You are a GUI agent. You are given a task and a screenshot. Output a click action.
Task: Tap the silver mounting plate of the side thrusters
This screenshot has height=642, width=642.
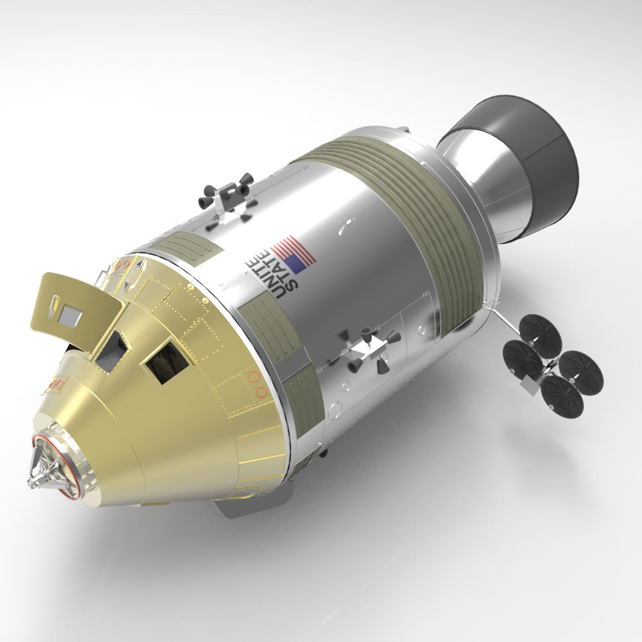(369, 350)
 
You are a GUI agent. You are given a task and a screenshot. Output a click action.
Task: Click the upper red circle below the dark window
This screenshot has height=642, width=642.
(254, 377)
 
